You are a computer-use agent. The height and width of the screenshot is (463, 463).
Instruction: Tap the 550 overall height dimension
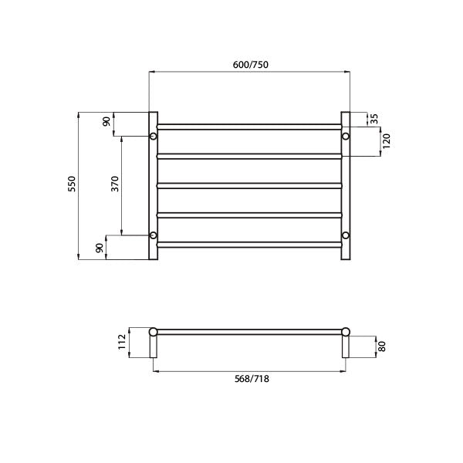[x=71, y=184]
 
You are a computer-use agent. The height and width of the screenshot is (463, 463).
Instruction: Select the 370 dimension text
[x=114, y=184]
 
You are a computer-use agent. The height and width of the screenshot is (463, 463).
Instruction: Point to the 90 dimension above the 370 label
[x=106, y=123]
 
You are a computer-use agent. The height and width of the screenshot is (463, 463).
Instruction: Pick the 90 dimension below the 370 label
[x=99, y=248]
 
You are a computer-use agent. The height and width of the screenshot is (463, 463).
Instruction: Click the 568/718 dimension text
[x=249, y=379]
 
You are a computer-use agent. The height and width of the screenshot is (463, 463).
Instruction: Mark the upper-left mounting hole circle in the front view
[x=153, y=137]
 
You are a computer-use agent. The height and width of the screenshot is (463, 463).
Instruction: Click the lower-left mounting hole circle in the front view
[x=153, y=235]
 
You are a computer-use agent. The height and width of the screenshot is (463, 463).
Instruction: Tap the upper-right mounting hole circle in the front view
[x=346, y=137]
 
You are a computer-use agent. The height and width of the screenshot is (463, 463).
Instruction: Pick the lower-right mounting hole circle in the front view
[x=346, y=235]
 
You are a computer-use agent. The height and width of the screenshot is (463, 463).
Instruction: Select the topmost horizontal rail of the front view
[x=249, y=126]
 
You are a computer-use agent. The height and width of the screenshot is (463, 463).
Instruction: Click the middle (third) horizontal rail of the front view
[x=249, y=185]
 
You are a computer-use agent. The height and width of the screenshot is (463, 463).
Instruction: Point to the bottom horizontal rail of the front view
[x=249, y=245]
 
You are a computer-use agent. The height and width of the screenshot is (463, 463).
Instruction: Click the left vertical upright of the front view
[x=153, y=185]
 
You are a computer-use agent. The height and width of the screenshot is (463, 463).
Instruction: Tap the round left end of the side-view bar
[x=153, y=332]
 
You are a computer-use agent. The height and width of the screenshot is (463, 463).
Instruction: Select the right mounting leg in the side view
[x=346, y=347]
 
